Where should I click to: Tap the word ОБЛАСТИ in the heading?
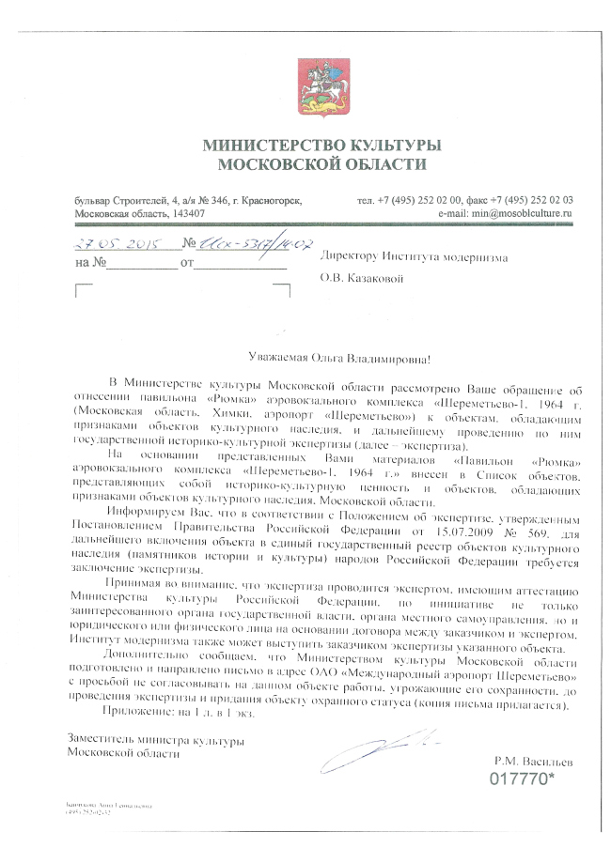(x=380, y=164)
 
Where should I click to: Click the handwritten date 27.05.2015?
(x=115, y=243)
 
